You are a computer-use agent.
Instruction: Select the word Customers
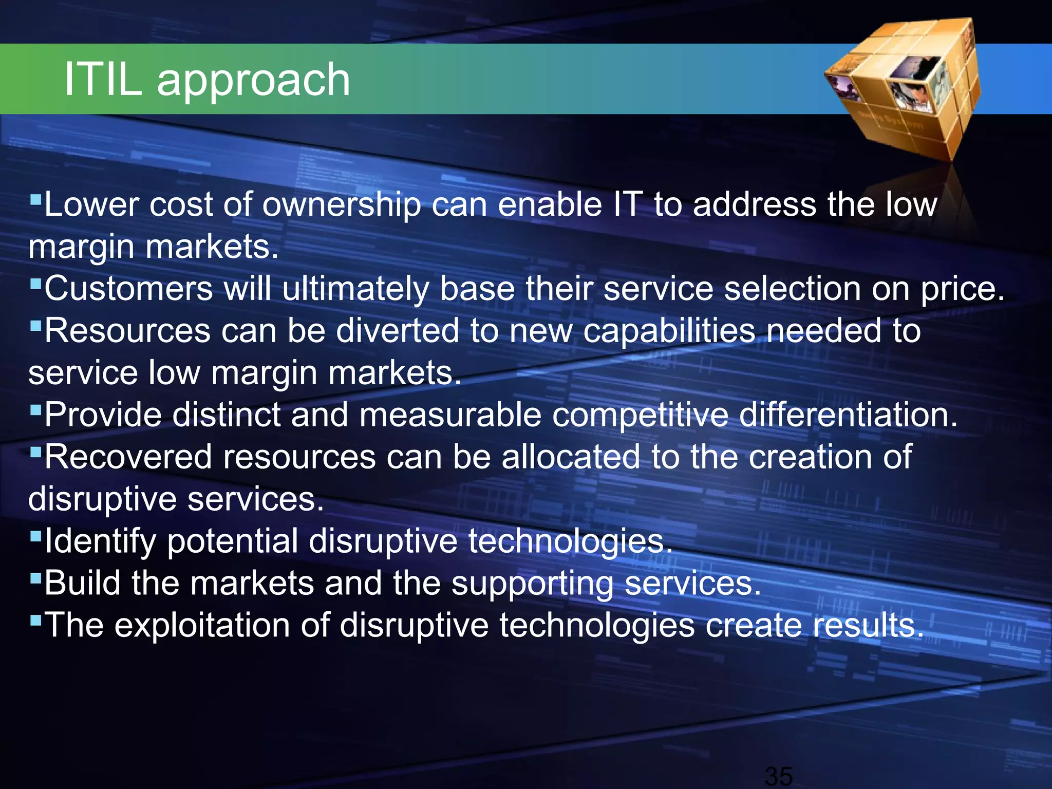coord(128,288)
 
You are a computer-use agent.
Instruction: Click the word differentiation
coord(848,415)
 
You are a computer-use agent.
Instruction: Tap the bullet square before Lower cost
coord(35,198)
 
